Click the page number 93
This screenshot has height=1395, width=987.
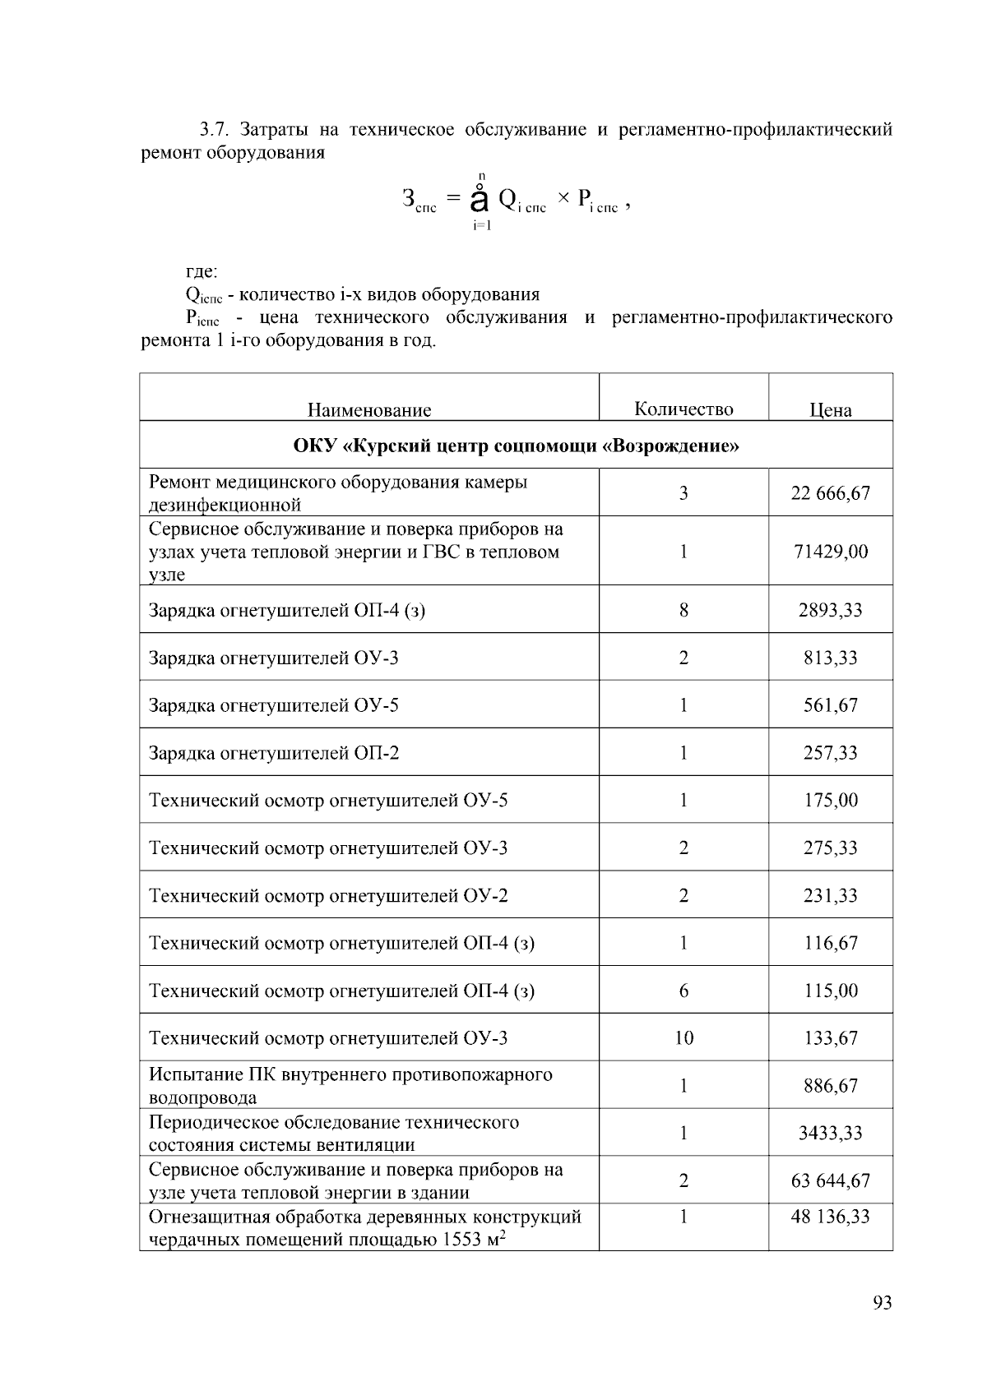pyautogui.click(x=882, y=1303)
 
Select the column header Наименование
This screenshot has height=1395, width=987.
pyautogui.click(x=369, y=410)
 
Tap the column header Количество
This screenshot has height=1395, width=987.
pyautogui.click(x=683, y=409)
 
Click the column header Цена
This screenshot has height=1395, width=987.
pyautogui.click(x=830, y=410)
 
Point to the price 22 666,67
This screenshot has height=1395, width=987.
pyautogui.click(x=830, y=493)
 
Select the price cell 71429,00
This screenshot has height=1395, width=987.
pyautogui.click(x=830, y=552)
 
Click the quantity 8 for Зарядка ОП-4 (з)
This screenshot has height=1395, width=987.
pyautogui.click(x=683, y=610)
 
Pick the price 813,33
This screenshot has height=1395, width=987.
pyautogui.click(x=830, y=658)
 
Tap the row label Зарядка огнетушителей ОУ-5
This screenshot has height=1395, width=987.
pyautogui.click(x=274, y=705)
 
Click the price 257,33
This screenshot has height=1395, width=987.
pyautogui.click(x=830, y=753)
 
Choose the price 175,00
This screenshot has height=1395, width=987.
pyautogui.click(x=830, y=801)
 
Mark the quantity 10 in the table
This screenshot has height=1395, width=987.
pyautogui.click(x=683, y=1038)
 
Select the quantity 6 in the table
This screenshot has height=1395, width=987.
pyautogui.click(x=683, y=991)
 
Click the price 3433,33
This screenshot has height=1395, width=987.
pyautogui.click(x=830, y=1134)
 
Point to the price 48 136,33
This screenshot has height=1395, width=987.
pyautogui.click(x=830, y=1217)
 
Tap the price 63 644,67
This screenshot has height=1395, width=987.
pyautogui.click(x=830, y=1181)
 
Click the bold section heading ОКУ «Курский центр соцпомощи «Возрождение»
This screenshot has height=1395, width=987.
pyautogui.click(x=516, y=446)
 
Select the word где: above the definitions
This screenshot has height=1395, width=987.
pyautogui.click(x=202, y=271)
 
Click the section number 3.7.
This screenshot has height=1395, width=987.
pyautogui.click(x=217, y=130)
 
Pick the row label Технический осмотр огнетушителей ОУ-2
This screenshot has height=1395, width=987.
pyautogui.click(x=328, y=896)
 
